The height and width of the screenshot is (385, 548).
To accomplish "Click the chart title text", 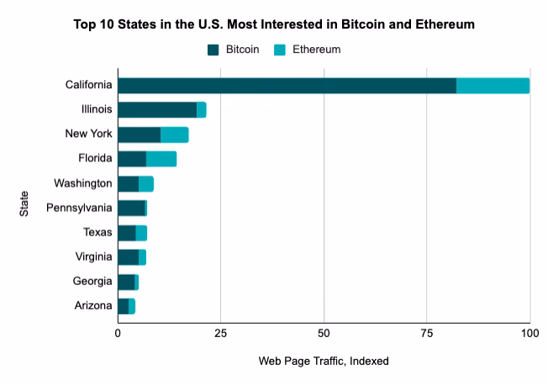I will [274, 24].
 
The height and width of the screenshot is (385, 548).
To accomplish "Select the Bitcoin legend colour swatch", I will [213, 50].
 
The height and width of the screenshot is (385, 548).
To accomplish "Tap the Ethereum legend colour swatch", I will [280, 50].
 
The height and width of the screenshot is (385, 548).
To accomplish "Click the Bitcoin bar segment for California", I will [287, 85].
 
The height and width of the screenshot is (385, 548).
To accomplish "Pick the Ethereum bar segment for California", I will [493, 85].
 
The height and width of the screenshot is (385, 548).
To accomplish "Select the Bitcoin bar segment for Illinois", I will [157, 109].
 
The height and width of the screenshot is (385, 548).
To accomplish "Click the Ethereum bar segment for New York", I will [175, 134].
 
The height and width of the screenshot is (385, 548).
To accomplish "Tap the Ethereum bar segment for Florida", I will [161, 159].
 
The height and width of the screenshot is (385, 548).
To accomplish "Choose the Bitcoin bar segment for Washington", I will [129, 183].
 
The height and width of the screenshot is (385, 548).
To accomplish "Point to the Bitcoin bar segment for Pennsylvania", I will [131, 208].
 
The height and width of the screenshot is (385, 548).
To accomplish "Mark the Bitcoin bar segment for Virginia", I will [129, 257].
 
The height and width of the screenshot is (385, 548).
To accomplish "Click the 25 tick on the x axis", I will [220, 332].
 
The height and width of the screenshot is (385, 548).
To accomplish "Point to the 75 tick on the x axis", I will [426, 332].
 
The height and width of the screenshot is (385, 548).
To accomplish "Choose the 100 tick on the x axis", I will [529, 332].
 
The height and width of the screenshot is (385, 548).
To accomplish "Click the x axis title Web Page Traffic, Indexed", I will [324, 361].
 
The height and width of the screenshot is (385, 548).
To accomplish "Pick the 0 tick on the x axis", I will [118, 332].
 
